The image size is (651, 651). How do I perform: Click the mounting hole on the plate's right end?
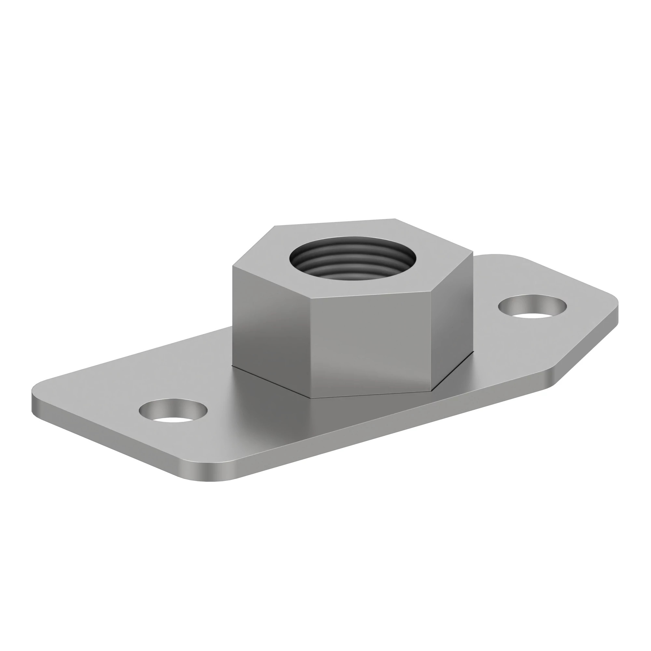point(532,307)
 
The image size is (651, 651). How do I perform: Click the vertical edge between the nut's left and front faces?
point(310,347)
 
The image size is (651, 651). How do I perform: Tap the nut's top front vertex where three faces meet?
point(310,298)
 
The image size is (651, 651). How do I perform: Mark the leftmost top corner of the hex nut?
point(233,266)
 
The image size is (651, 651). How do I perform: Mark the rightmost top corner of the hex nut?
point(473,251)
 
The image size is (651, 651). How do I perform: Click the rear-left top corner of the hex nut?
point(275,226)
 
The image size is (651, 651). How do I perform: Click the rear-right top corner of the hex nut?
point(395,219)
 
